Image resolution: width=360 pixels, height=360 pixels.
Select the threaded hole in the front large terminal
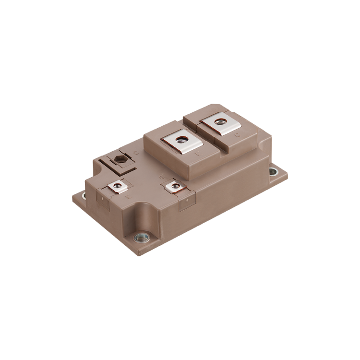coord(182,141)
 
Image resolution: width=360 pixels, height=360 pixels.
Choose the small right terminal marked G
coord(173,185)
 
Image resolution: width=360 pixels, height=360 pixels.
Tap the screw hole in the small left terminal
coord(117,186)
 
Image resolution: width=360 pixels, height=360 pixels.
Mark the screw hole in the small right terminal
coord(174,185)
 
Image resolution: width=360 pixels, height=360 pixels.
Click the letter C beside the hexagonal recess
coord(136,153)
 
